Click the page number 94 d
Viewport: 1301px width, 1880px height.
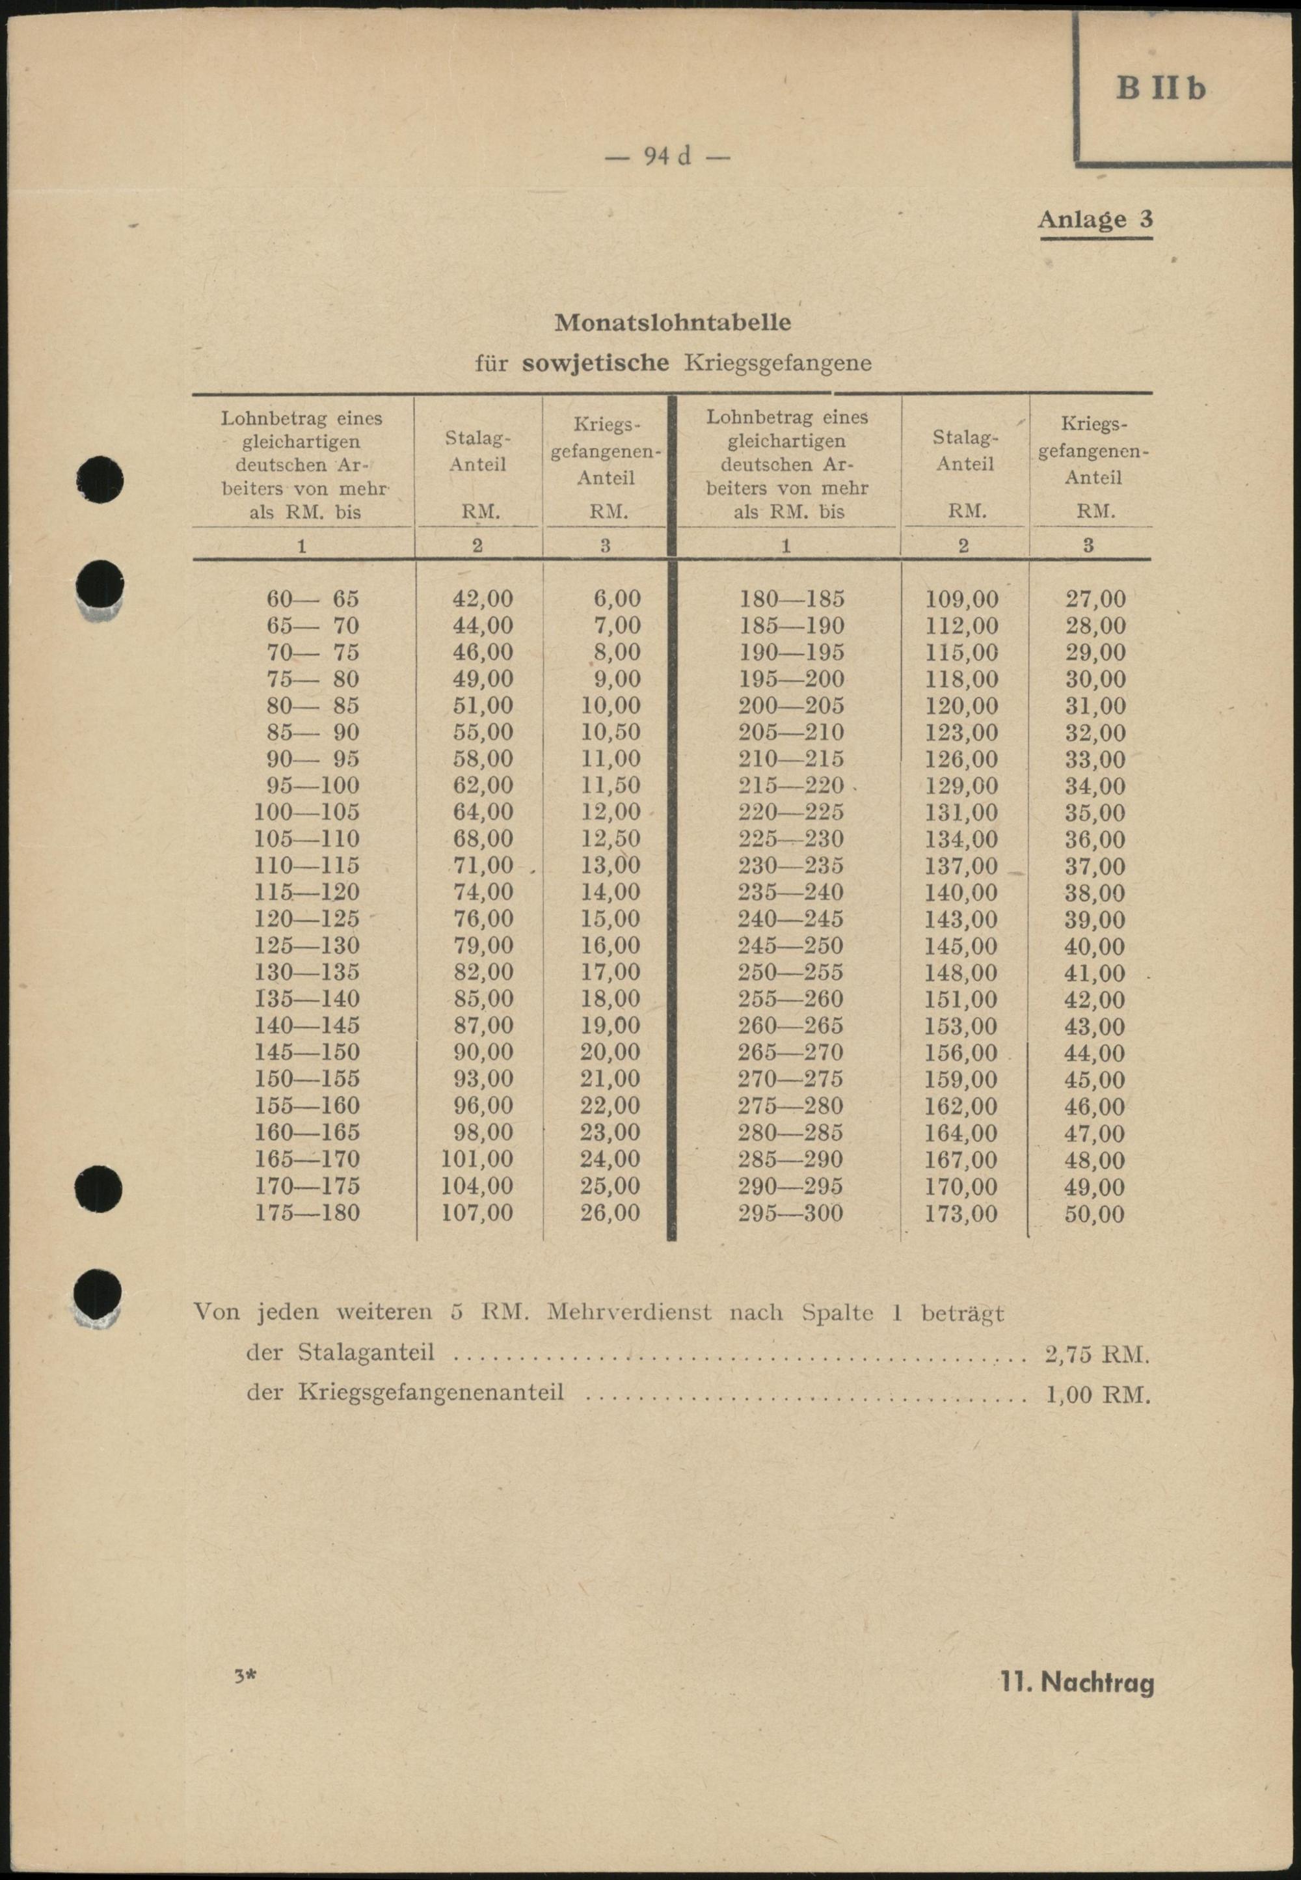coord(667,155)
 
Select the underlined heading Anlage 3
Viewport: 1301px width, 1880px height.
coord(1095,219)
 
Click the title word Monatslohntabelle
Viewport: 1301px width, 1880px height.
coord(673,323)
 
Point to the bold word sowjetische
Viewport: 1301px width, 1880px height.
coord(595,363)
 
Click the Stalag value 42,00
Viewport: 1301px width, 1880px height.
coord(483,599)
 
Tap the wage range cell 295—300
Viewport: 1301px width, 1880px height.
coord(790,1212)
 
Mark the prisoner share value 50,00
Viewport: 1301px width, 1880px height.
coord(1094,1213)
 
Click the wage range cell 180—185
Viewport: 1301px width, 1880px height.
coord(791,599)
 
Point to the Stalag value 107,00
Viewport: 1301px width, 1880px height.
coord(477,1212)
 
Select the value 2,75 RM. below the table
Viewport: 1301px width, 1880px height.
coord(1096,1354)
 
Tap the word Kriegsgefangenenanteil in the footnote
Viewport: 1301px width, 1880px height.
coord(431,1392)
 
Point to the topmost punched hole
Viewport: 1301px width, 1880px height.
coord(100,480)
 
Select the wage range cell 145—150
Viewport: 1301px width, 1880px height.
coord(306,1052)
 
